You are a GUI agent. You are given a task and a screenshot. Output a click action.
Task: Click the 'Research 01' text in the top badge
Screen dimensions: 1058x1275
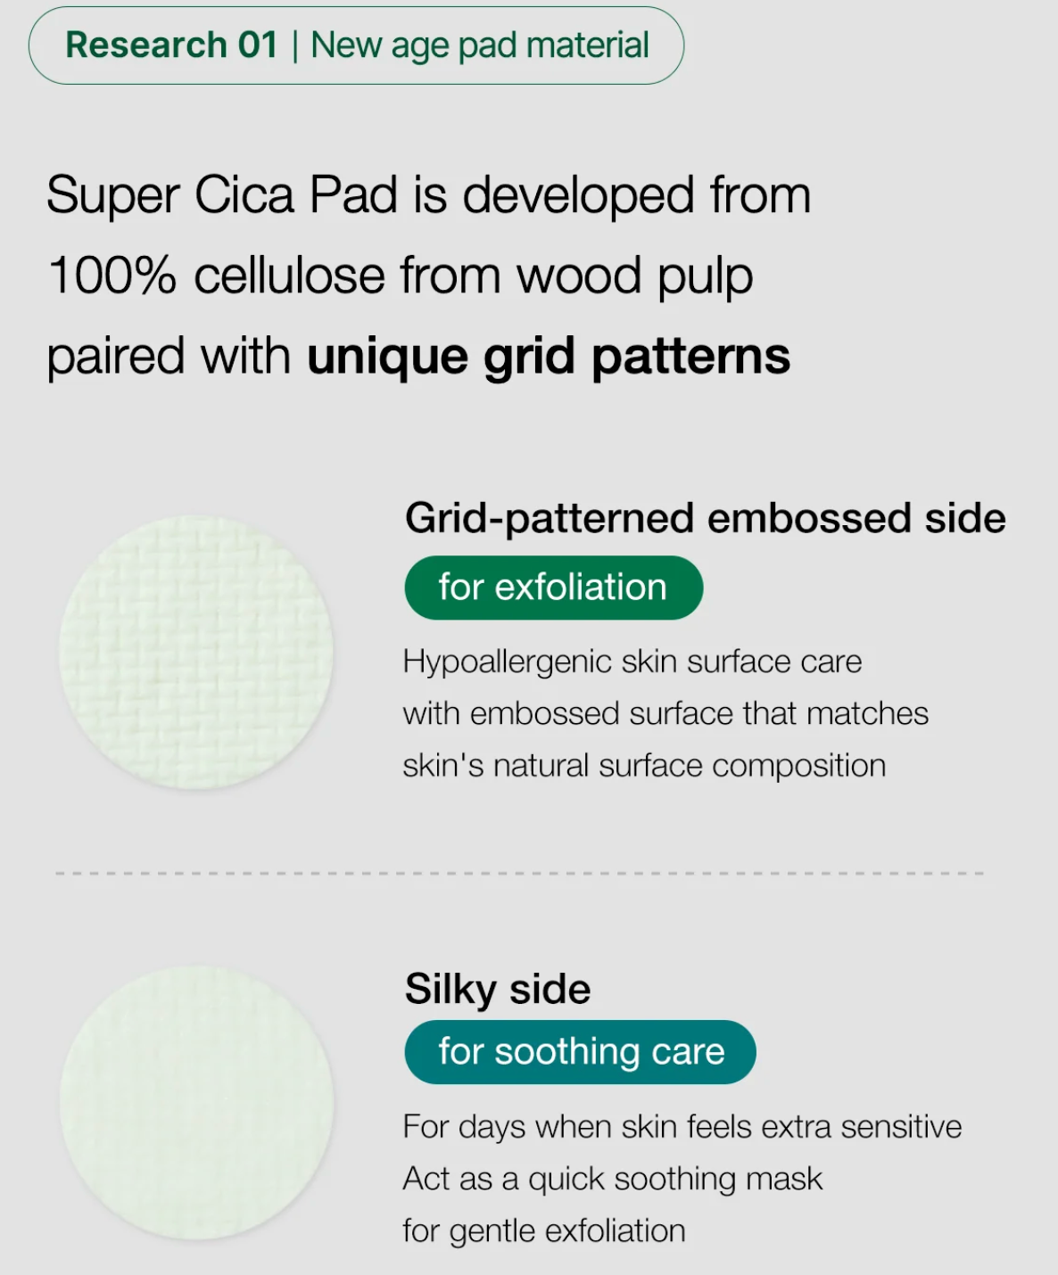tap(171, 45)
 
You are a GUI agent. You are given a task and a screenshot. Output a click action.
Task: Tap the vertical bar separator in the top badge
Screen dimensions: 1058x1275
tap(295, 46)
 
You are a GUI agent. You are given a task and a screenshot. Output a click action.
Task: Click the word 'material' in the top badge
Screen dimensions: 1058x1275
tap(587, 45)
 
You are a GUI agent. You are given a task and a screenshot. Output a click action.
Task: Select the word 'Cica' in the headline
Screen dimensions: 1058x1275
tap(244, 195)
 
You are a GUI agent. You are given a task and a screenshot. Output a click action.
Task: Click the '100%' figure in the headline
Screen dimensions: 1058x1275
tap(112, 276)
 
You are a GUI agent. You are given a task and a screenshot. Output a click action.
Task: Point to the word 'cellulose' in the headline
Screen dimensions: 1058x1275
tap(290, 276)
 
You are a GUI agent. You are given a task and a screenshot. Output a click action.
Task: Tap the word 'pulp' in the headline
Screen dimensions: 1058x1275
tap(705, 279)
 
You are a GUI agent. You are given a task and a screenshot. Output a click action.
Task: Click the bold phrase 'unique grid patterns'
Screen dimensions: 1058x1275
tap(549, 358)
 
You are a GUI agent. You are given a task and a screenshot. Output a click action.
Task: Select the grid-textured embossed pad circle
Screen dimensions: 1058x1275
tap(196, 652)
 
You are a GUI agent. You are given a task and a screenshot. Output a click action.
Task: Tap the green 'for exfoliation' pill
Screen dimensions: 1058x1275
tap(553, 588)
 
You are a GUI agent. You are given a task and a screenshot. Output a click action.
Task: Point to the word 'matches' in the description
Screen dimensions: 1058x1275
tap(867, 713)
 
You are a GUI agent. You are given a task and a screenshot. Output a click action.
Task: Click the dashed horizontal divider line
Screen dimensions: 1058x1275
tap(519, 873)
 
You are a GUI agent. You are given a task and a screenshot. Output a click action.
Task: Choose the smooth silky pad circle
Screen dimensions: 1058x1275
tap(196, 1103)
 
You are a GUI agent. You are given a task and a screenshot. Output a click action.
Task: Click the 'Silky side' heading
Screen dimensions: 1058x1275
tap(498, 990)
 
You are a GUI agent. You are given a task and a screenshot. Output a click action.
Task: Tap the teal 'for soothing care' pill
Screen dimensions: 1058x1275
tap(581, 1052)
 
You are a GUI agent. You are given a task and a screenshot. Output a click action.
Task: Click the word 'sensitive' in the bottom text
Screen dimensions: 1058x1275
tap(901, 1127)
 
